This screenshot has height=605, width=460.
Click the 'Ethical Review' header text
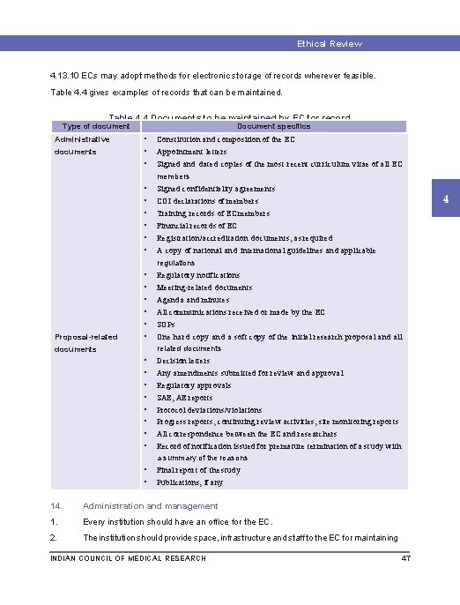(329, 43)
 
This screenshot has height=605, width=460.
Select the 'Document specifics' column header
(274, 126)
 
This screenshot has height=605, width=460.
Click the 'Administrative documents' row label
(82, 146)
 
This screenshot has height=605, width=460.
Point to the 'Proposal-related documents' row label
(86, 343)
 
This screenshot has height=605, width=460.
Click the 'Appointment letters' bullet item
(191, 151)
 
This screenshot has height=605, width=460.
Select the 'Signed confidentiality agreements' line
(216, 188)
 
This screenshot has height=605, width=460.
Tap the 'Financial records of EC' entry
(197, 225)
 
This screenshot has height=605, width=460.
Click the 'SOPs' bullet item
(166, 324)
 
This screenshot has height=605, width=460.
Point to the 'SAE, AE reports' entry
(184, 398)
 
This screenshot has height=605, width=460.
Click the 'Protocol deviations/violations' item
(209, 410)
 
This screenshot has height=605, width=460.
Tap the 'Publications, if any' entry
(189, 482)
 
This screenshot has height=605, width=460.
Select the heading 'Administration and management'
(150, 506)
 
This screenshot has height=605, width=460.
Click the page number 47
(406, 558)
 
